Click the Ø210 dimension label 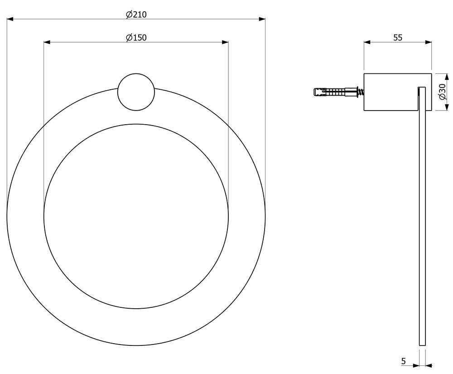[136, 14]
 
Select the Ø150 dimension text [136, 37]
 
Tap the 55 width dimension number [398, 38]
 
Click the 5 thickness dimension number [404, 361]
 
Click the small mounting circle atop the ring [136, 92]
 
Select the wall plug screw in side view [338, 92]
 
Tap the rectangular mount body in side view [398, 92]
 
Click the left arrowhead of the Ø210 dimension [10, 19]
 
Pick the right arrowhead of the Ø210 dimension [262, 19]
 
